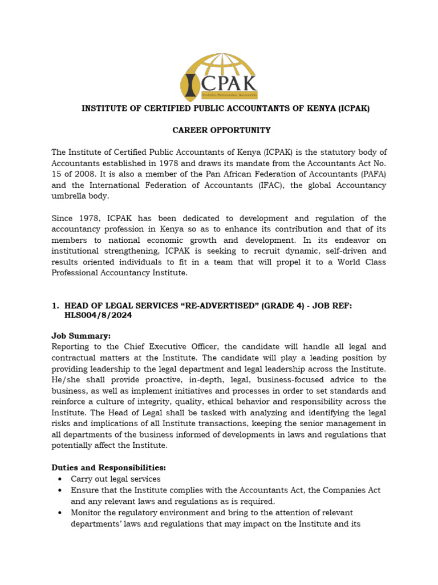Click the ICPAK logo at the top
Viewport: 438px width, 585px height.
click(x=220, y=76)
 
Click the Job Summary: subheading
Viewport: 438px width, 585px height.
click(x=82, y=336)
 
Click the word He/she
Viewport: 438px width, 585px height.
click(x=67, y=379)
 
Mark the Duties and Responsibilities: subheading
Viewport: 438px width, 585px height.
click(x=108, y=468)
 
